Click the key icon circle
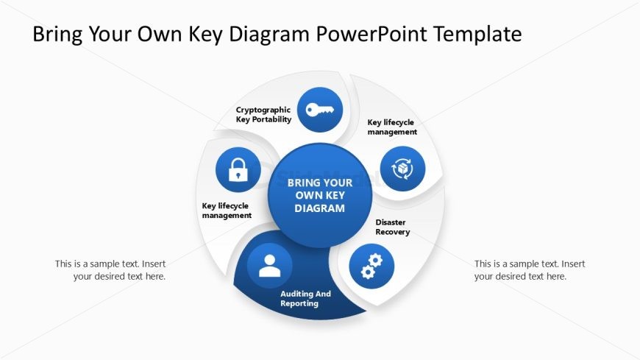point(319,110)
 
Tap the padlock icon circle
point(238,169)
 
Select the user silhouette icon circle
point(270,266)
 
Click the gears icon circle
point(371,266)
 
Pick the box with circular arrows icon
point(402,169)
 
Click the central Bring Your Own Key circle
point(320,195)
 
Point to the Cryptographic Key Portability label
point(263,114)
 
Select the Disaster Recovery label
point(392,227)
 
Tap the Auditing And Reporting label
point(305,298)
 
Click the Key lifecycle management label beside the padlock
point(227,211)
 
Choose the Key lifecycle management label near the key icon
point(392,127)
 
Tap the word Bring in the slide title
point(57,34)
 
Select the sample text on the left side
point(110,270)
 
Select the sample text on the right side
point(530,270)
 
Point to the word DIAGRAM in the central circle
point(320,208)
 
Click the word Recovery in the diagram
point(392,232)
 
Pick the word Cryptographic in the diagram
point(263,110)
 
